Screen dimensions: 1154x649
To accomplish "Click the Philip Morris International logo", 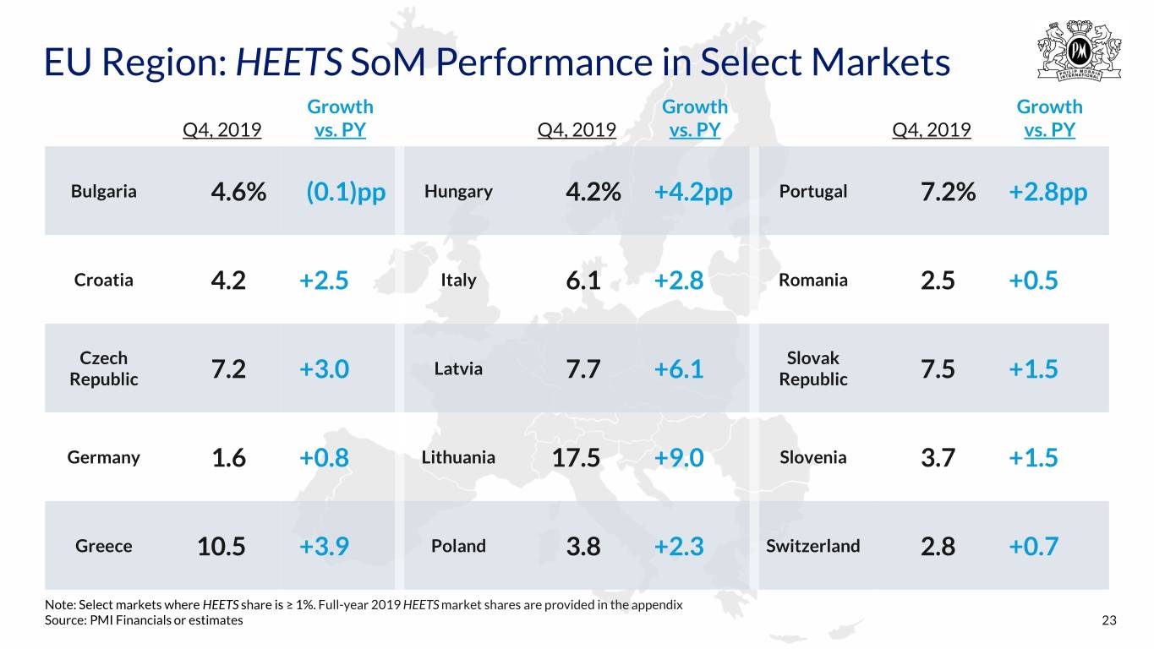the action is [1080, 51].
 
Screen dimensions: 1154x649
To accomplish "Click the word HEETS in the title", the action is [289, 62].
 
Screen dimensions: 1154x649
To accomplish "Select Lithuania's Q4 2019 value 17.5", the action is [576, 457].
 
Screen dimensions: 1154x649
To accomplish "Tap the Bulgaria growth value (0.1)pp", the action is [346, 192].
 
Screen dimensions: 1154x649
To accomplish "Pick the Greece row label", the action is [103, 546].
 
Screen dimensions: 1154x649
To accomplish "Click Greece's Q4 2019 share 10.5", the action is [221, 546].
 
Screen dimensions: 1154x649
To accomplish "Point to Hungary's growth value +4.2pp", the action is [693, 192].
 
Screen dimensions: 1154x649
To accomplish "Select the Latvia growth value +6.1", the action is [679, 368].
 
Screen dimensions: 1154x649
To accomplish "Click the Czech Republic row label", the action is [103, 368].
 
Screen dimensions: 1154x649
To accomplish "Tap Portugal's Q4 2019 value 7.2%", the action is [948, 192].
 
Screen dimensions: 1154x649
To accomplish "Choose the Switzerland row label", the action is [813, 546].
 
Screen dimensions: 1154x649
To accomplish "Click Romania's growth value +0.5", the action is [1033, 281].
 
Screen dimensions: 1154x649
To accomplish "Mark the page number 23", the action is [1109, 620].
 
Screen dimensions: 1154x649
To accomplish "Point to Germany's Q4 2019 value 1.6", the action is [229, 457].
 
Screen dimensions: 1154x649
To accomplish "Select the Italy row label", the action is [458, 281].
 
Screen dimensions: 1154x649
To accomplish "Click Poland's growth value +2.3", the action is [679, 546].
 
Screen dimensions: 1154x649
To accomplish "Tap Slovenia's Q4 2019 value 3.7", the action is [938, 457].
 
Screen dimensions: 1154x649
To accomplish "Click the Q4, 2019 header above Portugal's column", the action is [932, 129].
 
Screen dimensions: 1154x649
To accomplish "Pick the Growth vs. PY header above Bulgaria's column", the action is [340, 118].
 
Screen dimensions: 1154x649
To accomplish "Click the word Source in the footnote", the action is [65, 620].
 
